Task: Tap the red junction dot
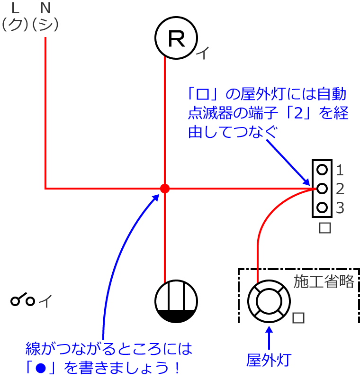[165, 188]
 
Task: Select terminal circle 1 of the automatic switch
[322, 170]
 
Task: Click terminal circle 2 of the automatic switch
[322, 188]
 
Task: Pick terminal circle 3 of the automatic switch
[322, 207]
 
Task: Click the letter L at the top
[15, 8]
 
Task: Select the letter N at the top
[45, 8]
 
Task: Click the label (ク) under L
[15, 25]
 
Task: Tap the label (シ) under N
[45, 25]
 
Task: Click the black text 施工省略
[324, 281]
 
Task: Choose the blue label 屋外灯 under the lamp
[269, 360]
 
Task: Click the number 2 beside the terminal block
[340, 189]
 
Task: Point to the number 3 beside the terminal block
[340, 208]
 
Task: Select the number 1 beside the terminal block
[340, 170]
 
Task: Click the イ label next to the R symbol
[203, 53]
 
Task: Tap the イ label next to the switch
[45, 301]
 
